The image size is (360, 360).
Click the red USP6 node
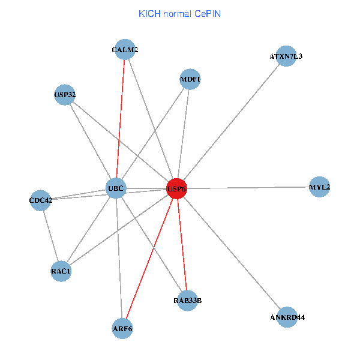[176, 188]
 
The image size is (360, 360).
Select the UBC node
[115, 188]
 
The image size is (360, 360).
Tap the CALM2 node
[125, 50]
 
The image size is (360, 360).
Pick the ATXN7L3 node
[286, 56]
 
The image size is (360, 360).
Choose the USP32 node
[64, 94]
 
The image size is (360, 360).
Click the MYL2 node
[319, 187]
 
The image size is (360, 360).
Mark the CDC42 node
[41, 200]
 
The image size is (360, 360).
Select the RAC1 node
[61, 271]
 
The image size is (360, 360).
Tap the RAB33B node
[187, 300]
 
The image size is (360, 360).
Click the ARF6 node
[122, 328]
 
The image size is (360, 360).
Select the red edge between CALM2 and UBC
[120, 120]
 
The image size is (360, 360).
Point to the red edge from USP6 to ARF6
[149, 258]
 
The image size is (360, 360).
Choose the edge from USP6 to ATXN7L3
[231, 122]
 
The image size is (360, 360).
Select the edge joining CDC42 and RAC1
[50, 235]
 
